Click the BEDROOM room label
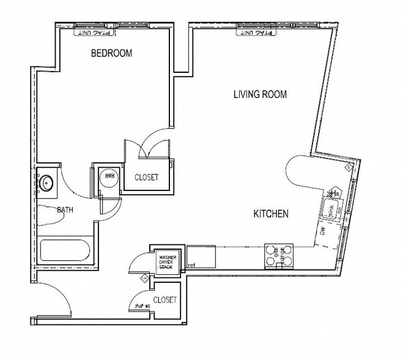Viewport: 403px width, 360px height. click(111, 53)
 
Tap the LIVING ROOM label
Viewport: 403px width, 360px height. click(260, 94)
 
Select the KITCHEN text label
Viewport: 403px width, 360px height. click(271, 214)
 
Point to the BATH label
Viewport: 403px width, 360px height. click(65, 210)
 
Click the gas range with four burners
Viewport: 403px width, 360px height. click(278, 256)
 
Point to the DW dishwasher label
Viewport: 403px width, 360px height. click(322, 231)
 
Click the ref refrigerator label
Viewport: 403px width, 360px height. click(191, 265)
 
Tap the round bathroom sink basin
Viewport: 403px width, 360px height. click(45, 182)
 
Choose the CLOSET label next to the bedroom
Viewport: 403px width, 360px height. click(146, 178)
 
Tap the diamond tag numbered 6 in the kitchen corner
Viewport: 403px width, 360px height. click(348, 166)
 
